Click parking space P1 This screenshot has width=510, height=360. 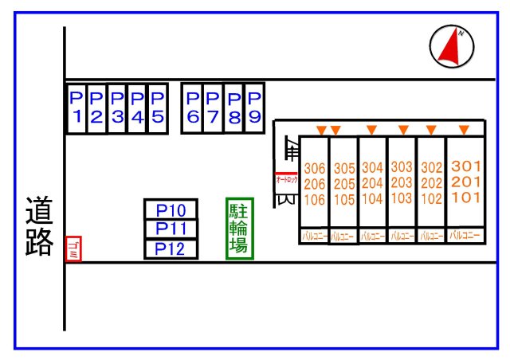click(76, 108)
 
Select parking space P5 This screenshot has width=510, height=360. click(157, 108)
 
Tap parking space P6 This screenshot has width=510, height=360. click(192, 108)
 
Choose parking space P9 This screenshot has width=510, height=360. click(254, 108)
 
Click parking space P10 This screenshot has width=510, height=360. click(171, 210)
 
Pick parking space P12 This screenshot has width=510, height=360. click(171, 248)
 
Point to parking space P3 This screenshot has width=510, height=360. click(117, 108)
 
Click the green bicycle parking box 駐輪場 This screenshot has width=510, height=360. click(239, 228)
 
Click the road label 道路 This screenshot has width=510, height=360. click(38, 226)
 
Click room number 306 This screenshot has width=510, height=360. click(315, 169)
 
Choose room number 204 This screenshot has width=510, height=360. click(372, 184)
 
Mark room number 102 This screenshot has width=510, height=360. click(431, 199)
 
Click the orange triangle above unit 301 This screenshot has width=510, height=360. click(464, 130)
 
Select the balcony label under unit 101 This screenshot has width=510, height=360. click(465, 235)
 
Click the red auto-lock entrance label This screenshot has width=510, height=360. click(286, 180)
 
